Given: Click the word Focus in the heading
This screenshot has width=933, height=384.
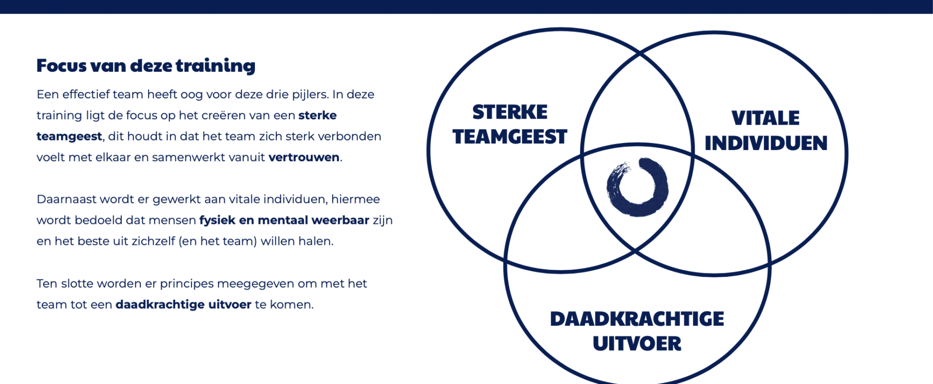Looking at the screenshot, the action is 62,65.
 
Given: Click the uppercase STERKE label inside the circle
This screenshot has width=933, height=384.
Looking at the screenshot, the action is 510,112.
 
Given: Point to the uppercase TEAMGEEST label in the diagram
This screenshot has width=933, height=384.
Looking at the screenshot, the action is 510,137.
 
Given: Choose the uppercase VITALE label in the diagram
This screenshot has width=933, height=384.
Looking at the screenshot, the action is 765,118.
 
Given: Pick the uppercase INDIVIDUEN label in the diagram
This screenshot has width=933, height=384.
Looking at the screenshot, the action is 766,143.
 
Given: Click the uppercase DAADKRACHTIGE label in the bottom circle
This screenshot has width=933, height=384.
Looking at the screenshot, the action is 637,319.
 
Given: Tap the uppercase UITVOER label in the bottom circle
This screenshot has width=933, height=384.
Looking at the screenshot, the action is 637,344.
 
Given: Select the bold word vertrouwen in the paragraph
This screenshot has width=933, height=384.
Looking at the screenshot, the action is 304,158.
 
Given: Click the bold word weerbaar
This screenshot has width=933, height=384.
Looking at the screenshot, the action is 340,220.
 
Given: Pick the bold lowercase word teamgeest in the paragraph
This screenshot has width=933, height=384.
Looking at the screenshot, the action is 69,137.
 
